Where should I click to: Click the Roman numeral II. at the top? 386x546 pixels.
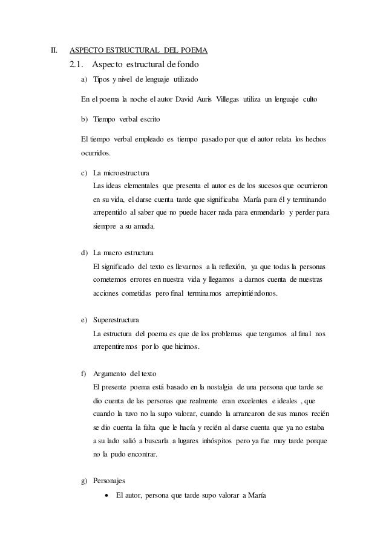(53, 50)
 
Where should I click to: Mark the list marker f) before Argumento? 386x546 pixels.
(85, 371)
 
